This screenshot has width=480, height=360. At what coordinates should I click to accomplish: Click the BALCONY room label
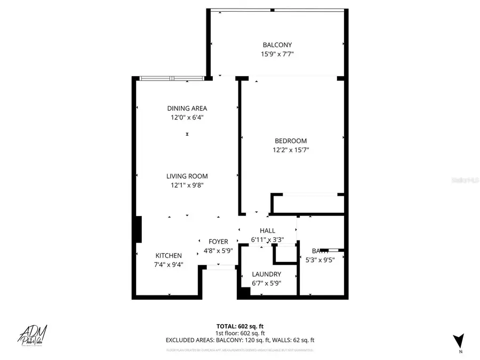(x=277, y=45)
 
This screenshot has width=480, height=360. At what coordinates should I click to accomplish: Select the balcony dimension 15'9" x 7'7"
(x=277, y=54)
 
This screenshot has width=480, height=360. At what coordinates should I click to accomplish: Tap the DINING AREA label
(x=187, y=108)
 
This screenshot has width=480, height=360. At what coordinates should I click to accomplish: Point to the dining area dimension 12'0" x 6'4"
(x=187, y=117)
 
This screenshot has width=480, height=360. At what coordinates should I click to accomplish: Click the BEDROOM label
(x=291, y=141)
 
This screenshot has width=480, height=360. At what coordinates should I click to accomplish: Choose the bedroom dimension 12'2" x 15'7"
(x=291, y=150)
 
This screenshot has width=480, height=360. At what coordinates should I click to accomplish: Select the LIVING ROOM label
(x=187, y=176)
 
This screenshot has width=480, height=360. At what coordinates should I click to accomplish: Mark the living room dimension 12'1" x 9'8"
(x=187, y=185)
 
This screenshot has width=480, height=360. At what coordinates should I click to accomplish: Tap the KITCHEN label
(x=169, y=255)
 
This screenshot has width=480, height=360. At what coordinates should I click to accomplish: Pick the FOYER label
(x=218, y=242)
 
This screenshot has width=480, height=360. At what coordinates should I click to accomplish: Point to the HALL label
(x=267, y=230)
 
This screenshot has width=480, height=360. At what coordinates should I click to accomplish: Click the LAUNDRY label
(x=267, y=274)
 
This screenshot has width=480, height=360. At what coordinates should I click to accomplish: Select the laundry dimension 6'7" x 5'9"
(x=267, y=283)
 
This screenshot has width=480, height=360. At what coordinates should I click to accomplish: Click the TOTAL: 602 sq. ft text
(x=239, y=326)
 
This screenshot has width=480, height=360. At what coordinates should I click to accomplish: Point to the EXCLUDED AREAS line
(x=239, y=340)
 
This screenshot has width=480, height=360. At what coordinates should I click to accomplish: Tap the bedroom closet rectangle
(x=307, y=203)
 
